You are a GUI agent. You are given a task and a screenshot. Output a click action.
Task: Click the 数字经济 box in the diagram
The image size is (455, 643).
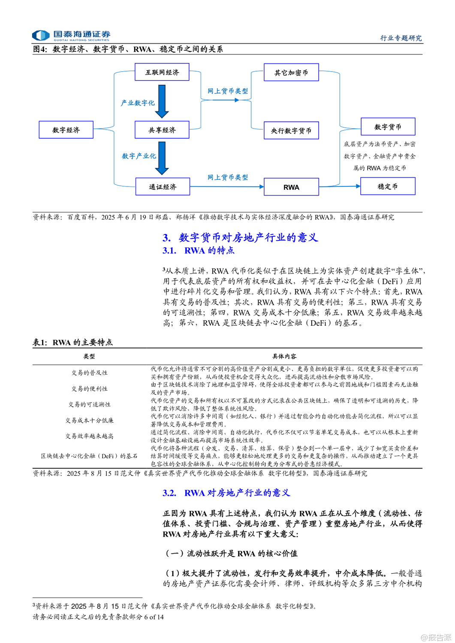(66, 129)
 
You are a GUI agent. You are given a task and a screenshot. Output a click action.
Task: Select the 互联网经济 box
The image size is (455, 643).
(162, 72)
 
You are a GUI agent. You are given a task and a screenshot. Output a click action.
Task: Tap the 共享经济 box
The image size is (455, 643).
(162, 129)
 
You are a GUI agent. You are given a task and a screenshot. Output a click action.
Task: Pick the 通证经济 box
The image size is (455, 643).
(163, 186)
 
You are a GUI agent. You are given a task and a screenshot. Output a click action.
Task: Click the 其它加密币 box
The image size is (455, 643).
(291, 72)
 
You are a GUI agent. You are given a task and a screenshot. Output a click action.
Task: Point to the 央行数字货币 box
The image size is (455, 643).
(291, 130)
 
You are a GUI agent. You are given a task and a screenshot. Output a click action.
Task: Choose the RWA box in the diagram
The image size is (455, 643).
(291, 187)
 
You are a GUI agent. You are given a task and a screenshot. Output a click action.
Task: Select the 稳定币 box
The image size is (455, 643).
(388, 186)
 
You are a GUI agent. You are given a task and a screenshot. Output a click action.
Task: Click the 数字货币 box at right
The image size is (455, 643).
(388, 126)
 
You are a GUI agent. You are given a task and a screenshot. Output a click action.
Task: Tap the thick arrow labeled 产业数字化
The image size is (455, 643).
(162, 101)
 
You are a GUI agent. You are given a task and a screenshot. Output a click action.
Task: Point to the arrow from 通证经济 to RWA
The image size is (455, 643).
(226, 186)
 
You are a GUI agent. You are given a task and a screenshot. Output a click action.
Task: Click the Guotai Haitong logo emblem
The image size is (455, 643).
(41, 35)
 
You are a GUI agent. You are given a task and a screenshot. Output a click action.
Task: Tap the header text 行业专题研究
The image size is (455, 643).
(401, 38)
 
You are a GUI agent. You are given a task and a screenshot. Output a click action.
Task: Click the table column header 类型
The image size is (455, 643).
(89, 356)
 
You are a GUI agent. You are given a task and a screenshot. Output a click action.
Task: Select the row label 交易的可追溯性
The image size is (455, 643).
(89, 404)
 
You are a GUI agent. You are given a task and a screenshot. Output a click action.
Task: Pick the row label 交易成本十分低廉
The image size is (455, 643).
(89, 420)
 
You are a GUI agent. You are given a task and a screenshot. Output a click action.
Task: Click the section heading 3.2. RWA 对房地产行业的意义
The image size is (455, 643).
(226, 493)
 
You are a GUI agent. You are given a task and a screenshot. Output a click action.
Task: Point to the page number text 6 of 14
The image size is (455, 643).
(154, 617)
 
